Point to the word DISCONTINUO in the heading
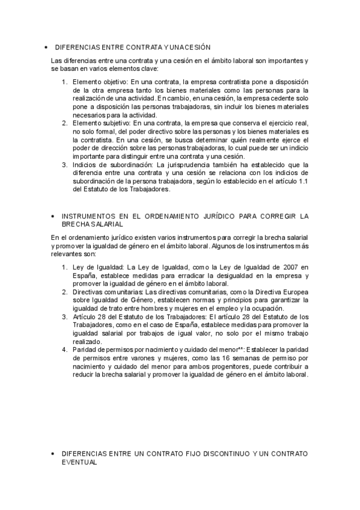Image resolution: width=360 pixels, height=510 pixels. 221,452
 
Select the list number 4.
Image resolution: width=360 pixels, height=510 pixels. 65,349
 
